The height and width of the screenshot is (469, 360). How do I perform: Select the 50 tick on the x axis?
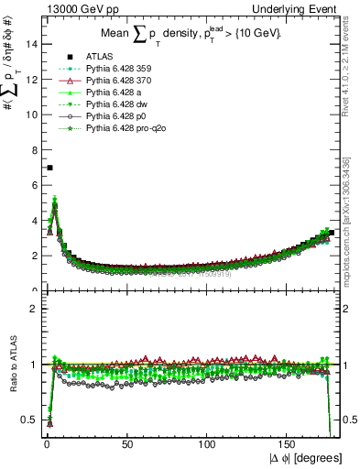[127, 442]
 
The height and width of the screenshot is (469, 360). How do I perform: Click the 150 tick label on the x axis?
[288, 442]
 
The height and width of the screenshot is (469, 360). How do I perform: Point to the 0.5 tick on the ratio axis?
[29, 420]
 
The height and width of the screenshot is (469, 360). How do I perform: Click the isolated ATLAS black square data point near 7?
[49, 168]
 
